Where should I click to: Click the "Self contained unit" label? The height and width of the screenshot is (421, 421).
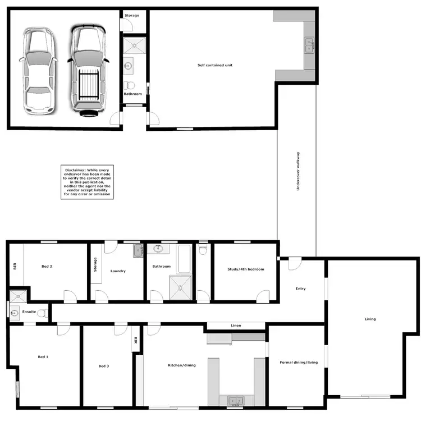click(214, 65)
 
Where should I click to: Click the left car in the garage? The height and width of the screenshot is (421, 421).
click(38, 69)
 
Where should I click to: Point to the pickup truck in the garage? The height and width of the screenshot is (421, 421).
click(87, 70)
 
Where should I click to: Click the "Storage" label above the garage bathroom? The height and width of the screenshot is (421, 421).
click(132, 15)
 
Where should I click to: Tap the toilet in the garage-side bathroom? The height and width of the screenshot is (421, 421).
click(130, 85)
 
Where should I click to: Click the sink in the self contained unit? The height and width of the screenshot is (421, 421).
click(309, 45)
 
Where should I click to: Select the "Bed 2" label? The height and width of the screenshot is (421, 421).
click(47, 266)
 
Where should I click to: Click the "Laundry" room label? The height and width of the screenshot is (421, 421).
click(118, 271)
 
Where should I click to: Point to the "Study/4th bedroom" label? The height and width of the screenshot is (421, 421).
click(245, 269)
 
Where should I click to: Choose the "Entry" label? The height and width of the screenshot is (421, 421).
click(301, 289)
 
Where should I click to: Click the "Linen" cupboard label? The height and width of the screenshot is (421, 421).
click(236, 326)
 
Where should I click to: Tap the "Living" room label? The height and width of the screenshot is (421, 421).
click(370, 319)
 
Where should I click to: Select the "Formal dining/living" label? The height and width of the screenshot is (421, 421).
click(299, 362)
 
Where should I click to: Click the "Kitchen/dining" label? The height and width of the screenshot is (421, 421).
click(182, 365)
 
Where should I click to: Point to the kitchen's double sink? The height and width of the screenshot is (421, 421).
click(235, 400)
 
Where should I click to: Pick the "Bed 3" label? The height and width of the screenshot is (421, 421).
click(103, 366)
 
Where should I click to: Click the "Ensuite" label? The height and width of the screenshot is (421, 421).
click(29, 312)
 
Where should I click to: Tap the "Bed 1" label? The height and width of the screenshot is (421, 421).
click(43, 357)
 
